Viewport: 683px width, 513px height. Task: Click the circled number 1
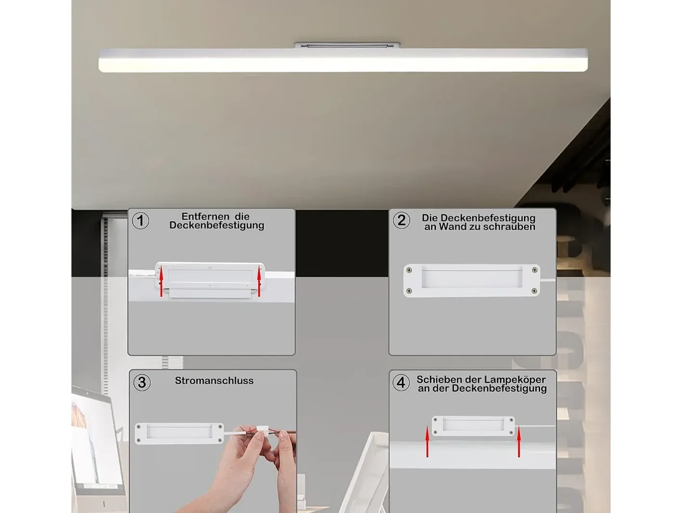(x=140, y=221)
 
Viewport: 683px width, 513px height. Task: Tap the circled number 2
(x=402, y=220)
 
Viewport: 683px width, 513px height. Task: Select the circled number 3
(x=142, y=383)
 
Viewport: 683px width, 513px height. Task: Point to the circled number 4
(x=401, y=383)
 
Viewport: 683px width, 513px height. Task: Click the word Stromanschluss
(x=214, y=380)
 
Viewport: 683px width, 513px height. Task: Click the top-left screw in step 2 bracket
(x=409, y=270)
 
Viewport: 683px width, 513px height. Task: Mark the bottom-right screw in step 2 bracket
(x=534, y=291)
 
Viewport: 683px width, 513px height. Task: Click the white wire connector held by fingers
(x=262, y=431)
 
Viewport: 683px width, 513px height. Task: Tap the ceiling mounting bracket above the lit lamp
(x=347, y=45)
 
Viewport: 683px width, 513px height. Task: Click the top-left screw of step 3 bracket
(x=139, y=427)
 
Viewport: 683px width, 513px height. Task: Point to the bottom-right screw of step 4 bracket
(x=511, y=433)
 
